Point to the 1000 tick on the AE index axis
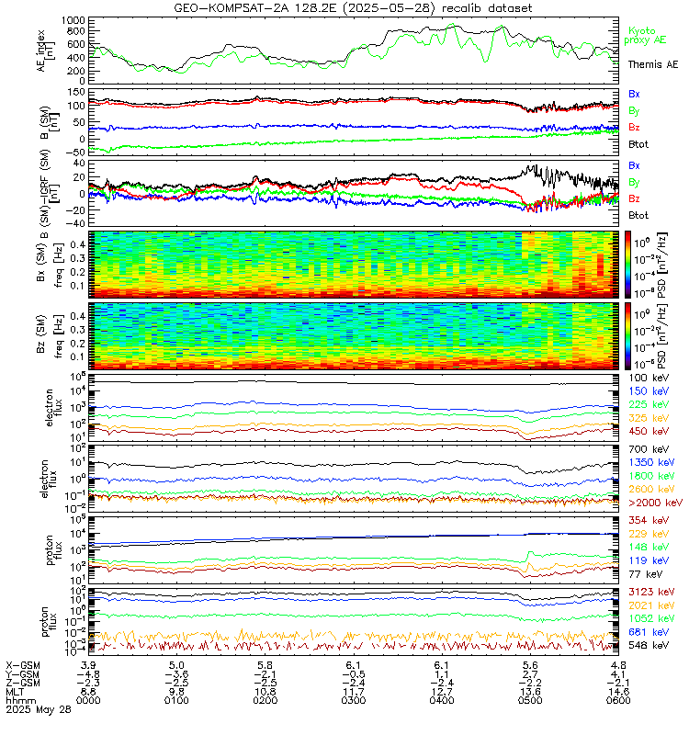pyautogui.click(x=74, y=19)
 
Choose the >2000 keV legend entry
pyautogui.click(x=653, y=503)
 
